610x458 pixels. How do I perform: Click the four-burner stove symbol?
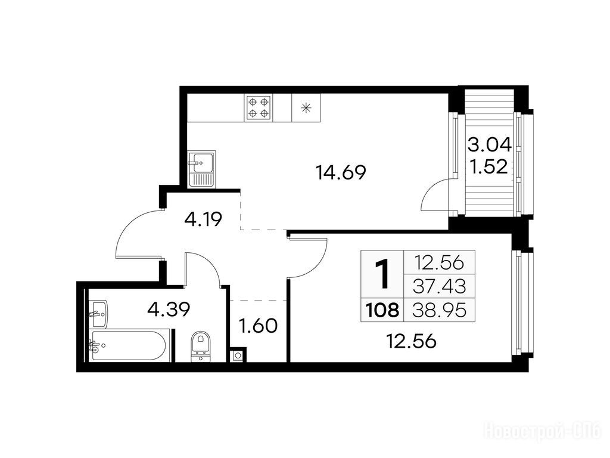259,108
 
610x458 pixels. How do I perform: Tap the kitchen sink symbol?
201,169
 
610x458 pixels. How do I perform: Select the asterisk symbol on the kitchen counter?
307,107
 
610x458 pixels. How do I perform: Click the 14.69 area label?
341,172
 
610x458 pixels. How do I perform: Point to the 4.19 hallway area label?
203,220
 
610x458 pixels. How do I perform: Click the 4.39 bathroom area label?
169,310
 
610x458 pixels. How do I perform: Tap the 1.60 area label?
259,326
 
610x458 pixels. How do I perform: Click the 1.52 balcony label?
489,167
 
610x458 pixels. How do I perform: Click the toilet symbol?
201,346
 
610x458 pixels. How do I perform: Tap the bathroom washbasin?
99,314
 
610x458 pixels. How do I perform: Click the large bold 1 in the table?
383,274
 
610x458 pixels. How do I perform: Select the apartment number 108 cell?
383,310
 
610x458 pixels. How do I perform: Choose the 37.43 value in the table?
440,287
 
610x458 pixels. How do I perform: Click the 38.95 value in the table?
440,310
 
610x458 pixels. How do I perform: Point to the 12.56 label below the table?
412,342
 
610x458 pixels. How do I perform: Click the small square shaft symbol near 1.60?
237,355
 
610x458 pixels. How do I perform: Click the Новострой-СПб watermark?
543,432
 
